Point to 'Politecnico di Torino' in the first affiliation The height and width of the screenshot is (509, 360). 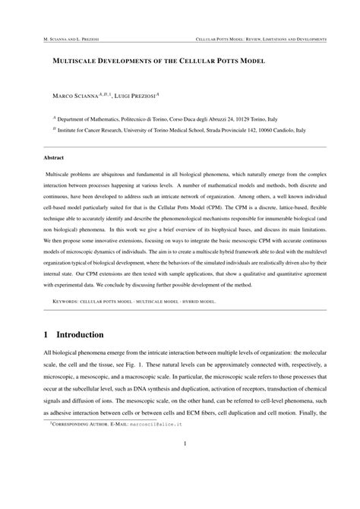129,119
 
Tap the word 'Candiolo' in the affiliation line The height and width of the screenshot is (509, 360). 298,131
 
